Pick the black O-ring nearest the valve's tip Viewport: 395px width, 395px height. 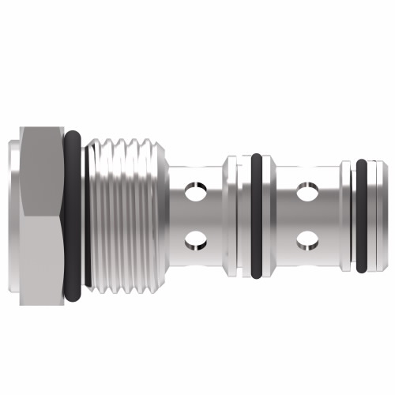click(x=361, y=213)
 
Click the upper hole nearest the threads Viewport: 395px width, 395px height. click(x=193, y=190)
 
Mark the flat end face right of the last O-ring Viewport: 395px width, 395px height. click(x=376, y=213)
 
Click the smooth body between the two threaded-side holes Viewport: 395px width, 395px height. click(x=193, y=214)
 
